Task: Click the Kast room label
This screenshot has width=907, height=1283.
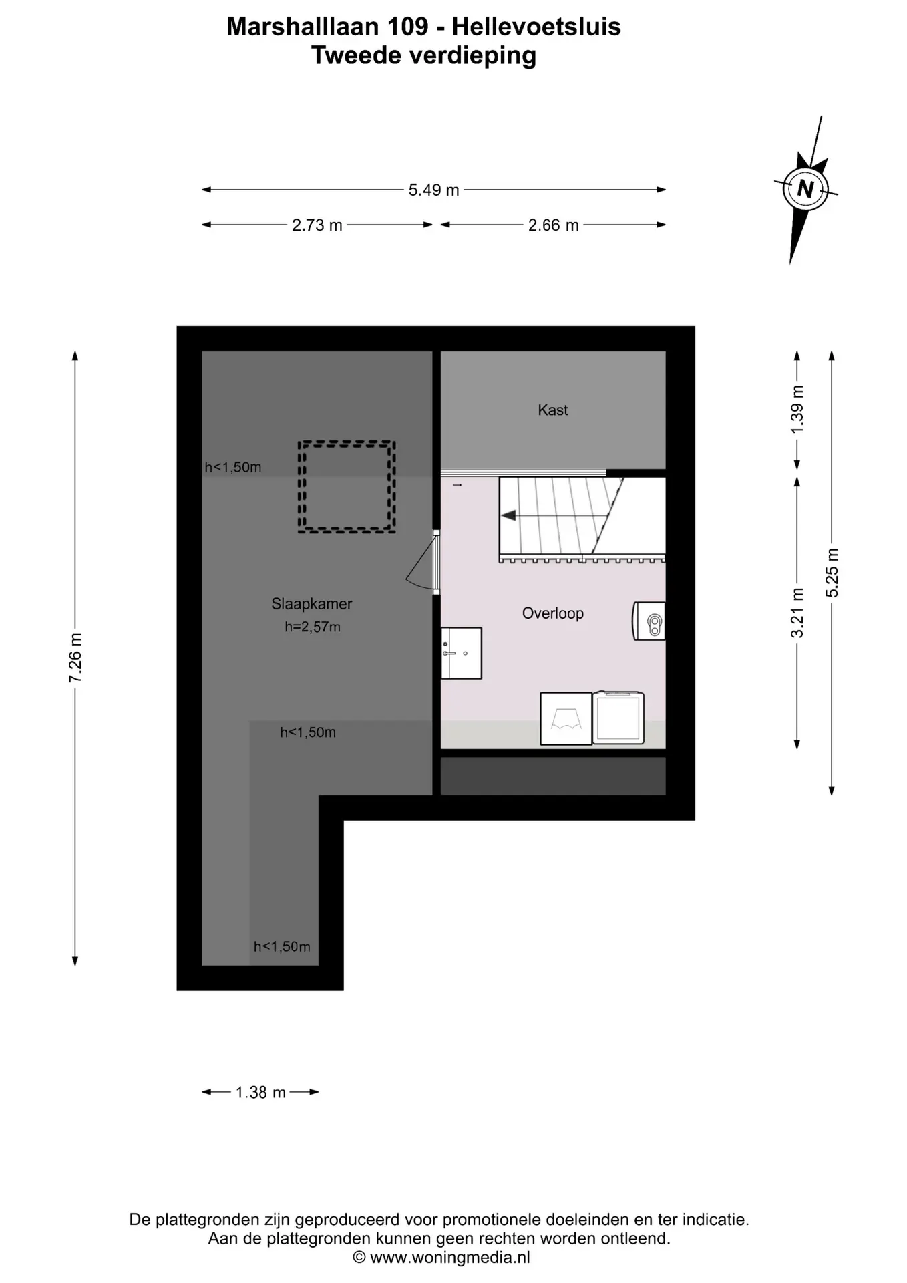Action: coord(552,410)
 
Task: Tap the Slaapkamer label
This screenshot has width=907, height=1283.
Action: coord(311,604)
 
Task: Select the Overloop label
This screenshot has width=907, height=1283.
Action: coord(552,613)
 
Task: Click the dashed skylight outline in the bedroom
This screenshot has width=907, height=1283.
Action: coord(347,442)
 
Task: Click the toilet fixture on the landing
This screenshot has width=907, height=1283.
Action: coord(649,621)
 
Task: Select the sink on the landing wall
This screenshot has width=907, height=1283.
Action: coord(462,653)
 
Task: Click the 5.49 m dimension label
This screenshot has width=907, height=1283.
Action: coord(433,190)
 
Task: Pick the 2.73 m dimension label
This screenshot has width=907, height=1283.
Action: coord(317,225)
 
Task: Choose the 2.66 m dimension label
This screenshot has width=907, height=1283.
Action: coord(553,225)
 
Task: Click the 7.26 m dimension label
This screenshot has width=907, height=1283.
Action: coord(75,658)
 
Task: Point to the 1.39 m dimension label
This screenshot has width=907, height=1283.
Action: coord(797,409)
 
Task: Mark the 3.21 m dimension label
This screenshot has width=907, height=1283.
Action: coord(797,613)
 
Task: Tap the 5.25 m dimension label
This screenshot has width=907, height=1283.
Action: coord(832,573)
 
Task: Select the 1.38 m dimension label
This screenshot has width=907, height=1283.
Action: coord(260,1093)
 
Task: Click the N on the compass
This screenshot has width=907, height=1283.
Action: coord(805,189)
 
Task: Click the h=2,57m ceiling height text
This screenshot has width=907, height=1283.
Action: coord(313,627)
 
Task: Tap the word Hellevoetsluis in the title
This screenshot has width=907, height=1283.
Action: coord(536,27)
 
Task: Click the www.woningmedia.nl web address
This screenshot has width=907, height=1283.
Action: coord(450,1258)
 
